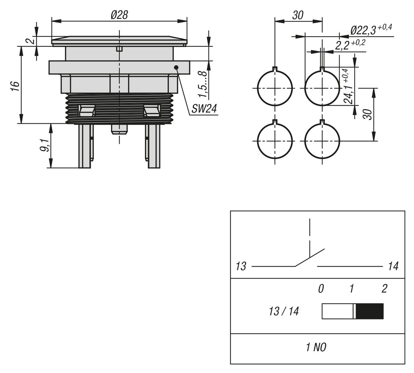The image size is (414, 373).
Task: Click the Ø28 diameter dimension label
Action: pyautogui.click(x=119, y=15)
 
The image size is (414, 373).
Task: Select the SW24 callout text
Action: pyautogui.click(x=204, y=109)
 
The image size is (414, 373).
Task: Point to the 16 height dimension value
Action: pyautogui.click(x=14, y=86)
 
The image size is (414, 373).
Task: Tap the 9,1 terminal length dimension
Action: pyautogui.click(x=44, y=145)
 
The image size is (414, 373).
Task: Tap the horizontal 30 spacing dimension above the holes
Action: pyautogui.click(x=298, y=16)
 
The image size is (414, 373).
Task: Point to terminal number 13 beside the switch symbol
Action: pyautogui.click(x=241, y=266)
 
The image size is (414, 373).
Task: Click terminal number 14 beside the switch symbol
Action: pyautogui.click(x=393, y=266)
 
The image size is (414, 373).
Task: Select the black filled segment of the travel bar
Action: pyautogui.click(x=369, y=311)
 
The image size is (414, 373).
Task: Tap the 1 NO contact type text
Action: pyautogui.click(x=316, y=347)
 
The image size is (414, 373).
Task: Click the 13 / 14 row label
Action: pyautogui.click(x=284, y=312)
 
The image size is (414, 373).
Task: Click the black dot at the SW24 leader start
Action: pyautogui.click(x=176, y=67)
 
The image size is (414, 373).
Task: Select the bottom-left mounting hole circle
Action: pyautogui.click(x=275, y=141)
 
